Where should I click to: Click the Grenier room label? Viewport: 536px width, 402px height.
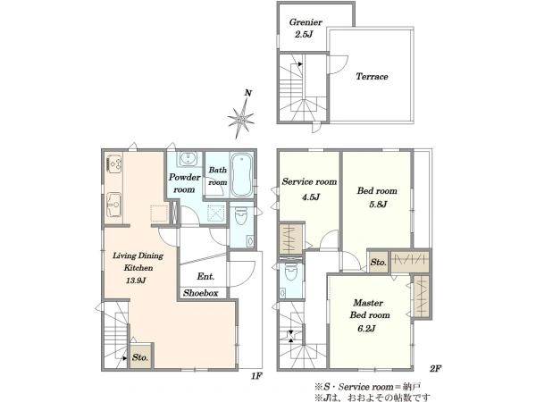pos(306,22)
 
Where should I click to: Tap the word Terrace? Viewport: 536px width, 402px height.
pos(372,76)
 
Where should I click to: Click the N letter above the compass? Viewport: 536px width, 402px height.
pos(248,93)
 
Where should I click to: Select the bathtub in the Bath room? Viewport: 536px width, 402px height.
pos(242,175)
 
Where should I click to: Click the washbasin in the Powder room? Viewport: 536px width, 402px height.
pos(188,159)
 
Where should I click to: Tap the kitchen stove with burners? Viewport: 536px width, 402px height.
pos(114,163)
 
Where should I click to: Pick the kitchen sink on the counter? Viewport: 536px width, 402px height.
pos(114,205)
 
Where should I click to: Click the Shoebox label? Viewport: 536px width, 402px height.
pos(201,293)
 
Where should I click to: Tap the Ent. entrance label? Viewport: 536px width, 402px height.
pos(205,276)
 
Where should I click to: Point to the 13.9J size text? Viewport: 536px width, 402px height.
pos(136,281)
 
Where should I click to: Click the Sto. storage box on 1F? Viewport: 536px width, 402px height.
pos(140,356)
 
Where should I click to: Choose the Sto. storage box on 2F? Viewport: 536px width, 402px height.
pos(379,262)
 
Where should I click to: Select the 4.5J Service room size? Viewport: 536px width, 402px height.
pos(310,197)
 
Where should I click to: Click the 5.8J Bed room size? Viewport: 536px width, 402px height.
pos(378,205)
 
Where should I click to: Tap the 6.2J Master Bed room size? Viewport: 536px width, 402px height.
pos(366,329)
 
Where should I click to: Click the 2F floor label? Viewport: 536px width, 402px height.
pos(436,368)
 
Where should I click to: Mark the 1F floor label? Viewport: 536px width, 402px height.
pos(256,376)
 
